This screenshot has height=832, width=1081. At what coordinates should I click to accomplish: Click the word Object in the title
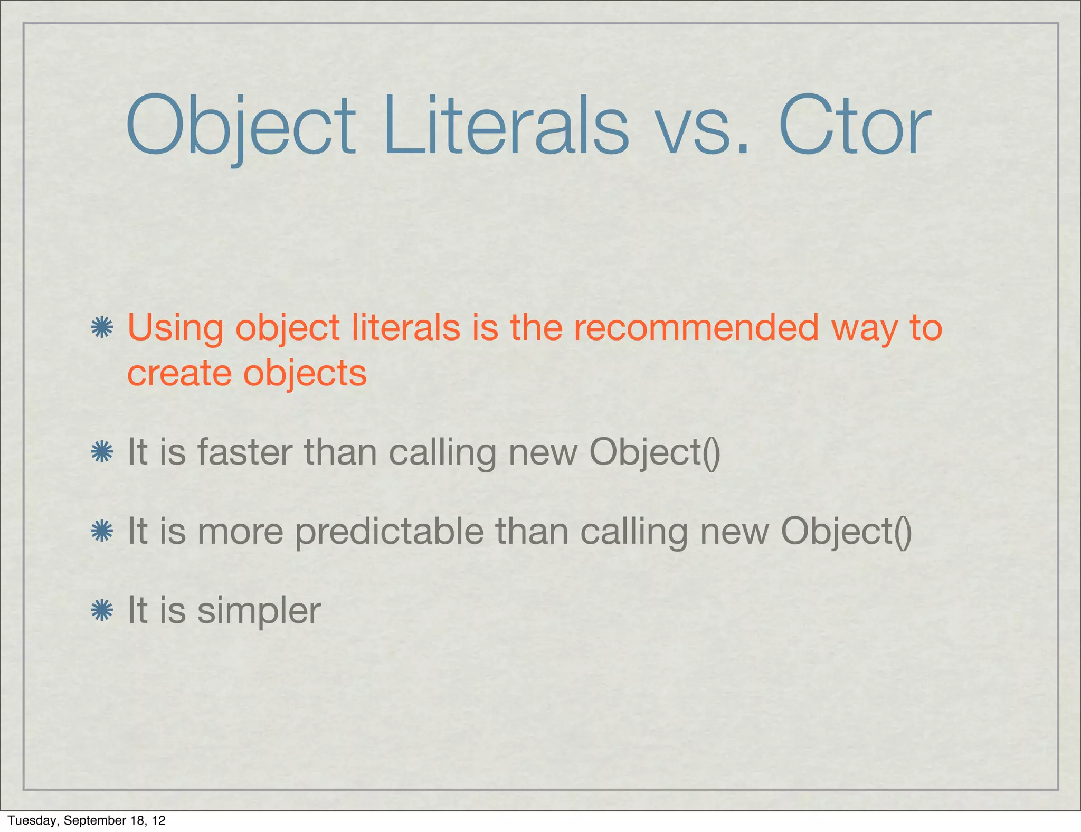(241, 127)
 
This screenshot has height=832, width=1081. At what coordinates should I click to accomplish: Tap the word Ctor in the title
(855, 127)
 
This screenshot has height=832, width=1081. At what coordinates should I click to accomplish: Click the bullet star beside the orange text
(102, 327)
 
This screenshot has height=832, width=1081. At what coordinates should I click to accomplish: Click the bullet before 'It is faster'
(102, 452)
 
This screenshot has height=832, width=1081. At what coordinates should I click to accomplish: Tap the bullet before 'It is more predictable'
(102, 531)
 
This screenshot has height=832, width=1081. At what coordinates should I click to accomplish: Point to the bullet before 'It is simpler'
(102, 610)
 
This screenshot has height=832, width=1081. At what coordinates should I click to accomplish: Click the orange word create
(179, 374)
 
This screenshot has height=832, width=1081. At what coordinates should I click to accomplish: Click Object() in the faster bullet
(655, 453)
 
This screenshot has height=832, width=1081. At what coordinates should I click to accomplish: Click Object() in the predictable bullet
(846, 532)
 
